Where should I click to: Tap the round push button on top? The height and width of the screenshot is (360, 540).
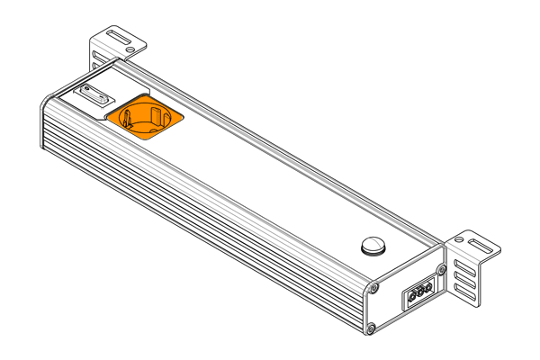pos(371,244)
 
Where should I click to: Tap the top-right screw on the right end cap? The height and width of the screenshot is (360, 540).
pos(441,269)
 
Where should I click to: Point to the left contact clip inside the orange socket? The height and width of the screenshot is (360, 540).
pos(129,118)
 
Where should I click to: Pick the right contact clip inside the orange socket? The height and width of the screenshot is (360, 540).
pos(157,115)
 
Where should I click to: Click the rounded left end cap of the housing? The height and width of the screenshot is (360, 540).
pos(45,126)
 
